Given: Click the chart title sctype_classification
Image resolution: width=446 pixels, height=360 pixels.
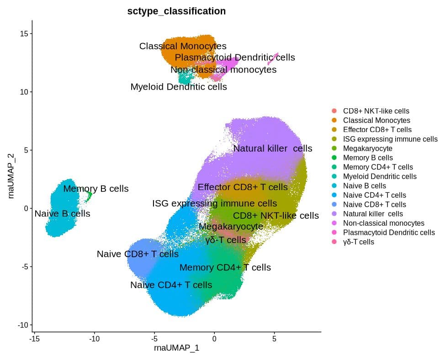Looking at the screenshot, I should (176, 11).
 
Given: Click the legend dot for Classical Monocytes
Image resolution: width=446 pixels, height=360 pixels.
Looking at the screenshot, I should (334, 121).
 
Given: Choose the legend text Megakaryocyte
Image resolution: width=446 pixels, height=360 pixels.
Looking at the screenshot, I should (367, 148).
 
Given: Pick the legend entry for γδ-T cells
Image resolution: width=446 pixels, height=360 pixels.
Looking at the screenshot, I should (358, 242).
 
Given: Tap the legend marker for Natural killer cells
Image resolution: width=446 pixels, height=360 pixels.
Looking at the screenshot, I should (334, 214).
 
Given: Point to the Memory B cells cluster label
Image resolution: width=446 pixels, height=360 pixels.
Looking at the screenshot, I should (96, 188).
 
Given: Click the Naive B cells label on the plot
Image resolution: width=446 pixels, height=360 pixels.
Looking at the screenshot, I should (62, 213).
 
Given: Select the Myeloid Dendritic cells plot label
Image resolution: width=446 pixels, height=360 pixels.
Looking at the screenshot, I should (179, 86).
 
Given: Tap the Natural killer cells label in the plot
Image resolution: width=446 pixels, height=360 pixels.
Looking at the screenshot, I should (273, 148).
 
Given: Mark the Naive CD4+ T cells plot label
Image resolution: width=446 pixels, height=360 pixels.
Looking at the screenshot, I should (171, 285).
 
